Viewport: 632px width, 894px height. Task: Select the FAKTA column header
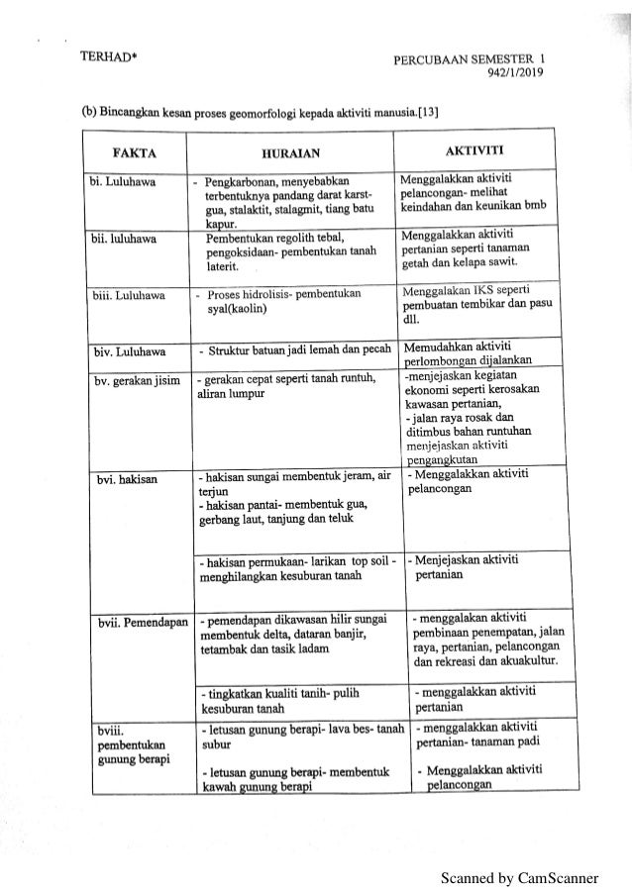point(136,153)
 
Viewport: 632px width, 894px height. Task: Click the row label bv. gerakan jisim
point(136,375)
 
